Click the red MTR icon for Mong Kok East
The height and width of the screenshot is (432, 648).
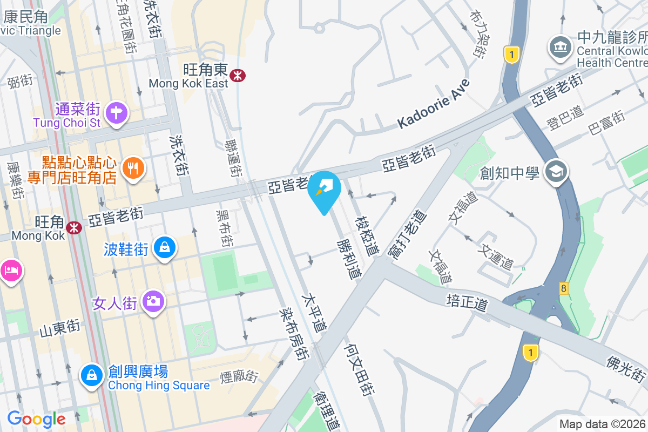tap(237, 76)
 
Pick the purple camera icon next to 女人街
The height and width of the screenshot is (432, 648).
tap(153, 301)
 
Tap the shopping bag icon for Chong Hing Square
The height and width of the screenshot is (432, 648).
tap(91, 375)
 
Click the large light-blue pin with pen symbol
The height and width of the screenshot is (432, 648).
tap(324, 191)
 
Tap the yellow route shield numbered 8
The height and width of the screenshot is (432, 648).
tap(564, 288)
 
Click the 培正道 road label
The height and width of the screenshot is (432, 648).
tap(467, 302)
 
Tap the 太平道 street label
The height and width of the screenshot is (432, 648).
tap(315, 313)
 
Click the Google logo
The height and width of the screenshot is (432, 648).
tap(36, 419)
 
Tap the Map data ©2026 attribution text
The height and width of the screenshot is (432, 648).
tap(603, 424)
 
